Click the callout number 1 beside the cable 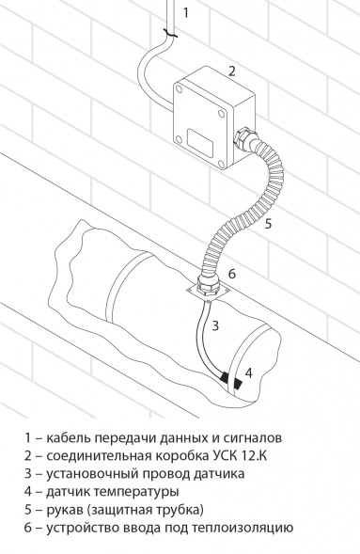[186, 12]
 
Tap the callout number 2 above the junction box [231, 71]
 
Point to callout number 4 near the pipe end [248, 372]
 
